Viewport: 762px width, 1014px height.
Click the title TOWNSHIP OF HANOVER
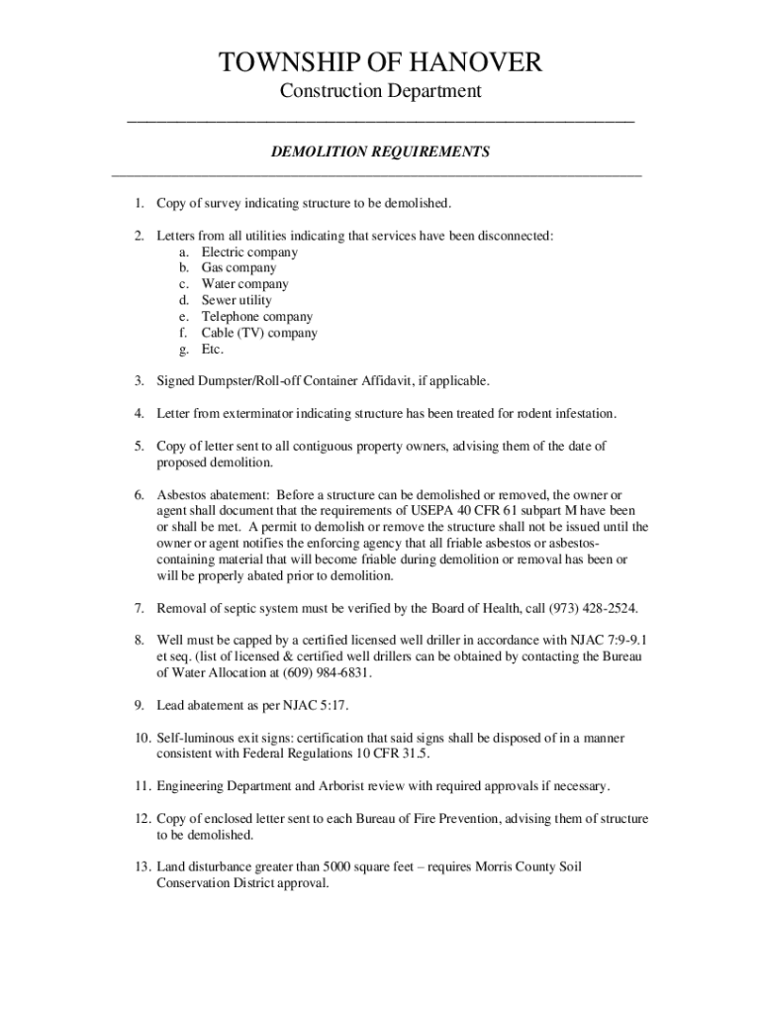pyautogui.click(x=381, y=63)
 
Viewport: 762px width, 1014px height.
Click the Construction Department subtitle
pyautogui.click(x=381, y=92)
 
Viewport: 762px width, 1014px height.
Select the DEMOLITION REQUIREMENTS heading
pyautogui.click(x=381, y=152)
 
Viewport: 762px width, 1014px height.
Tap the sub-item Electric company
pyautogui.click(x=249, y=252)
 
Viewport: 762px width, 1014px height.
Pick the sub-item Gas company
pyautogui.click(x=238, y=267)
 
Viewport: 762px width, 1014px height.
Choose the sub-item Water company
pyautogui.click(x=244, y=284)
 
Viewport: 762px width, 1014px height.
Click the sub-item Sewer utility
pyautogui.click(x=237, y=300)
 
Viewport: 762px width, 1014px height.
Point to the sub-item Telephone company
pyautogui.click(x=257, y=317)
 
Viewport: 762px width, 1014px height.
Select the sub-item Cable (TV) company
pyautogui.click(x=259, y=333)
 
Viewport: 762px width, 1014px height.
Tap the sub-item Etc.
pyautogui.click(x=213, y=350)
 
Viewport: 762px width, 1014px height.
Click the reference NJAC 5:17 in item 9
pyautogui.click(x=311, y=706)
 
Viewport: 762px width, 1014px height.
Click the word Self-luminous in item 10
pyautogui.click(x=198, y=739)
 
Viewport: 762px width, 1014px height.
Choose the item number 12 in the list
pyautogui.click(x=141, y=819)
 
